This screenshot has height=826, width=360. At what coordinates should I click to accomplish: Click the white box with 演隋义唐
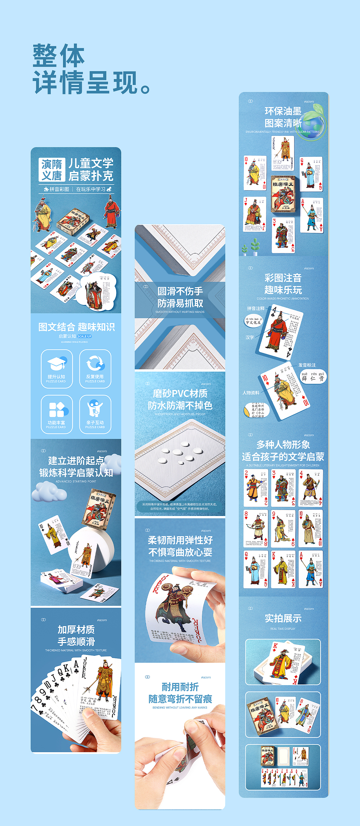52,170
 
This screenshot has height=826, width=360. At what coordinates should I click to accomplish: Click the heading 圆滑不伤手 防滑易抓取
180,297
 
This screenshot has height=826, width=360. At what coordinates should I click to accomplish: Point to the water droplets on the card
179,452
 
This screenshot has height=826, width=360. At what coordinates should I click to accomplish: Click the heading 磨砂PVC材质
180,393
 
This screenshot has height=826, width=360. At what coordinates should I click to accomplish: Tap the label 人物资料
251,392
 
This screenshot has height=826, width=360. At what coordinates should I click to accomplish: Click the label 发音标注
307,365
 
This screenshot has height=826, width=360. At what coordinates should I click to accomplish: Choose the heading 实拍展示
283,618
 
